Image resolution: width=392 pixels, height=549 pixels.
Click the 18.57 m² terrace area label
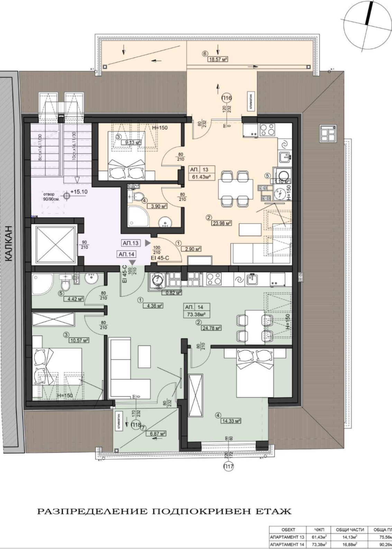218,59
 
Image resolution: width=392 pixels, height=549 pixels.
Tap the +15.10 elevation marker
78,191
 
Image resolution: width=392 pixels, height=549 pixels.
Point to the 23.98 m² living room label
221,223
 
